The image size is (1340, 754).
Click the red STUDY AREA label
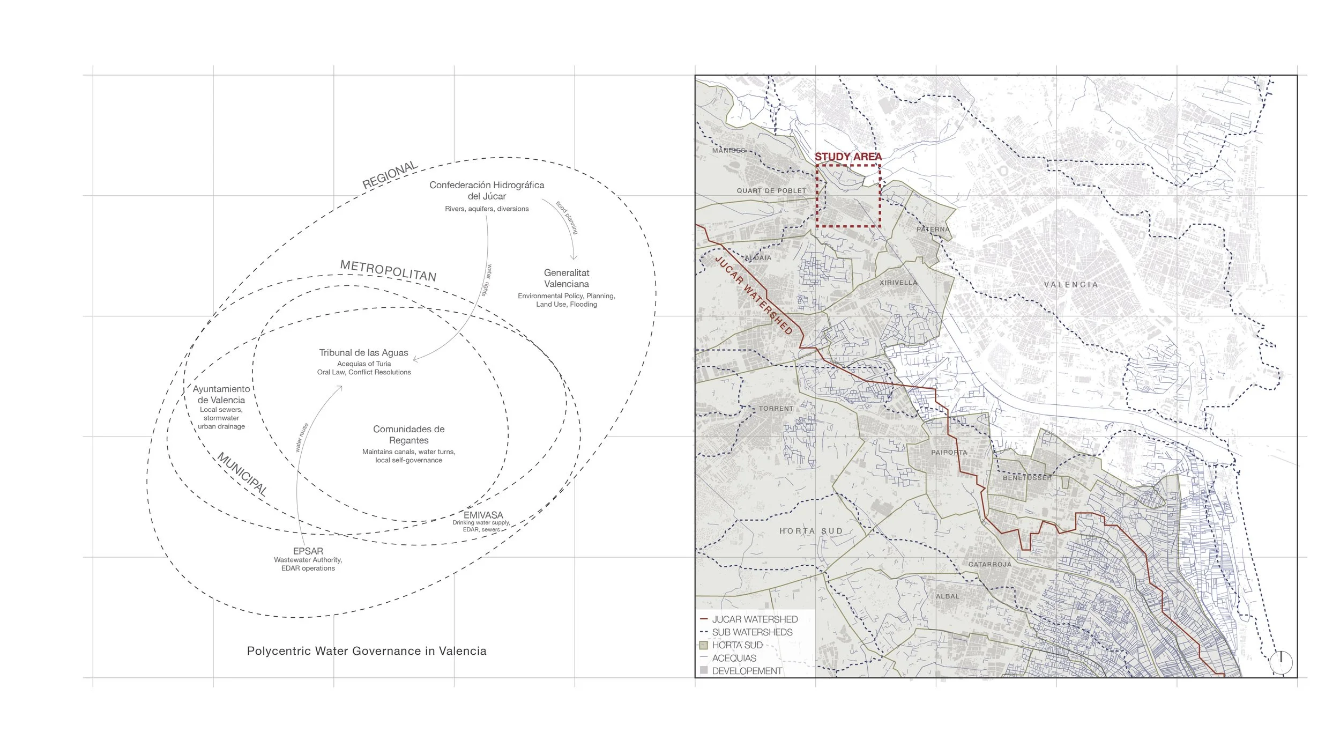[848, 157]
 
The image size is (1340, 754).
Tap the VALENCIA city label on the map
[1071, 285]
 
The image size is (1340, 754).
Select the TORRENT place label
[776, 409]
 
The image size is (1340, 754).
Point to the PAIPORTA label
[949, 453]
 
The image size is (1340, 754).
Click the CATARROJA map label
[990, 565]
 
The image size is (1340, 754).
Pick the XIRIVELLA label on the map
[898, 283]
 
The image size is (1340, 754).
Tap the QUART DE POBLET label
[771, 191]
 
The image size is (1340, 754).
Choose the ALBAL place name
[948, 596]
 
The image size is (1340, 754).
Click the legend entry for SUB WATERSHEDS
[752, 632]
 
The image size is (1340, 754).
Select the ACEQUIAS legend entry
[734, 658]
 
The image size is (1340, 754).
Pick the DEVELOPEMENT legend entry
[747, 671]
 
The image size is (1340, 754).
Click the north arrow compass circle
[1281, 663]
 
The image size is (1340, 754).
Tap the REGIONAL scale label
[390, 175]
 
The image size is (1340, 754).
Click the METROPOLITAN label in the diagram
[388, 271]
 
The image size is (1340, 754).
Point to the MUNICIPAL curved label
[242, 474]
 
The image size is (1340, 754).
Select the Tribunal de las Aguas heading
[363, 353]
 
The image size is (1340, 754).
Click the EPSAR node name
[308, 551]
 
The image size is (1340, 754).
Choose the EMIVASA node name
[483, 515]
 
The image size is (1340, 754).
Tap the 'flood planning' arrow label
[567, 217]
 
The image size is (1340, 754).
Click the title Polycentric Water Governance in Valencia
[367, 651]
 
